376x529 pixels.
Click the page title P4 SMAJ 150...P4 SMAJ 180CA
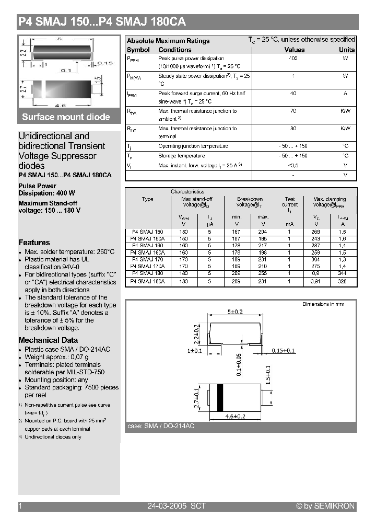click(102, 22)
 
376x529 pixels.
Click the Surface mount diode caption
click(66, 117)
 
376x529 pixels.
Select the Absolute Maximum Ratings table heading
click(168, 41)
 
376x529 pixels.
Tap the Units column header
click(346, 50)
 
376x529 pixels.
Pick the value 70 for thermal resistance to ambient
click(293, 111)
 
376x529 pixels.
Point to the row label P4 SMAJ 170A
click(147, 266)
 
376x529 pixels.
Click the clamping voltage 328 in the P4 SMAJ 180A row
click(342, 281)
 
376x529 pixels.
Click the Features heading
click(34, 243)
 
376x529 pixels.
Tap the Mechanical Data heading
click(48, 340)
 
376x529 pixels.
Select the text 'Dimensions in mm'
click(323, 304)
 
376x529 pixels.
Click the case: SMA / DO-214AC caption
click(161, 427)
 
